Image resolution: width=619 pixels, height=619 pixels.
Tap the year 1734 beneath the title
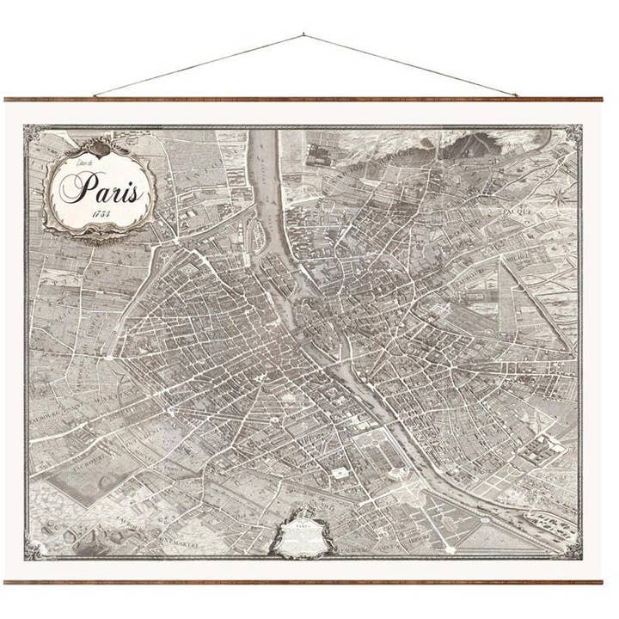coord(108,213)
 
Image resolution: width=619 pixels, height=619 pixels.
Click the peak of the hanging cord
coord(303,35)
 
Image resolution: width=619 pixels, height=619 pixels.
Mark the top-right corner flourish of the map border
coord(573,133)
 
